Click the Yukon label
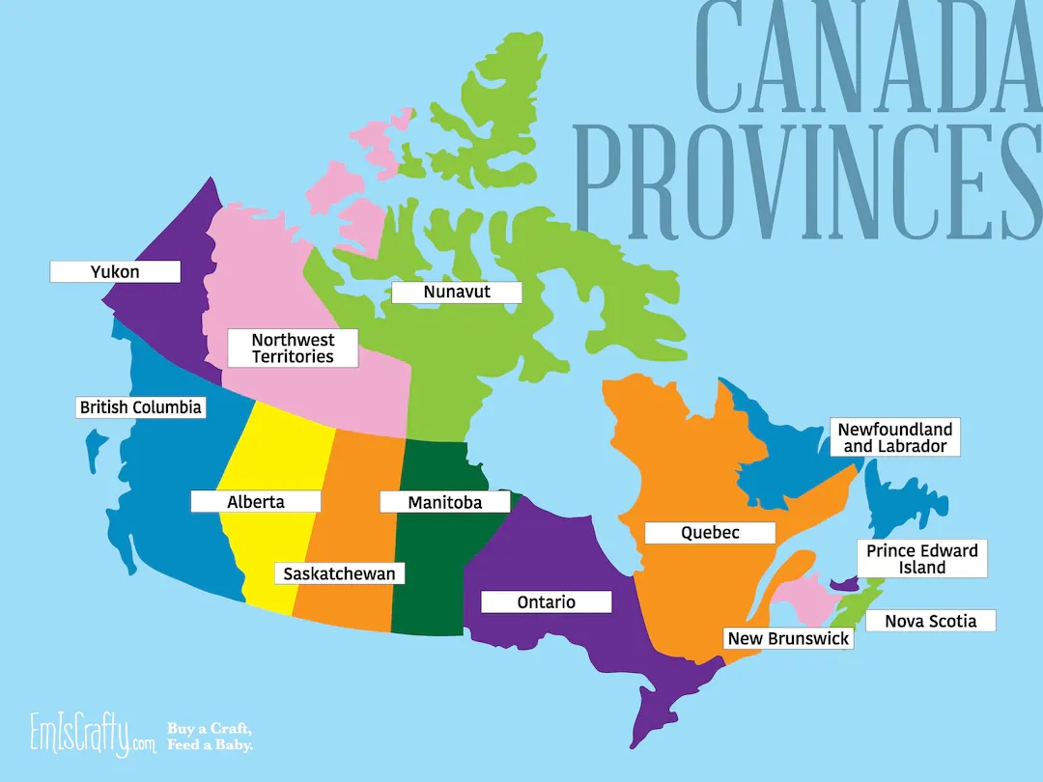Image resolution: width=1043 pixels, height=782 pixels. tap(115, 271)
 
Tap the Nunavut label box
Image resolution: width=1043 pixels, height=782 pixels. tap(457, 292)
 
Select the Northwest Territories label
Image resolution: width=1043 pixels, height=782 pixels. tap(293, 349)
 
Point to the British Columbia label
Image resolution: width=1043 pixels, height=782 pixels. tap(141, 407)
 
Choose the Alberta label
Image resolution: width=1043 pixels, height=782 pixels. tap(256, 502)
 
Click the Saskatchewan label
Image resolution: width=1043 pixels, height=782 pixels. tap(339, 573)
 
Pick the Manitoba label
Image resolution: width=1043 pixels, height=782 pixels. tap(444, 502)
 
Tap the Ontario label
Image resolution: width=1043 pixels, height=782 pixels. tap(547, 602)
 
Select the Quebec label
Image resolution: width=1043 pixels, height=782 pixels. tap(710, 533)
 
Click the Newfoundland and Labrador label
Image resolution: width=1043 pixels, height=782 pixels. tap(894, 437)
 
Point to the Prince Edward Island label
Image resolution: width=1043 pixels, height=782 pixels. tap(922, 559)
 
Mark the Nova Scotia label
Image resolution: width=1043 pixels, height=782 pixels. tap(930, 621)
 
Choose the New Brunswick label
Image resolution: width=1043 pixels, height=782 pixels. tap(788, 638)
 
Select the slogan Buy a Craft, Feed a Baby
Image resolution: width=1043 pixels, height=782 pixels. tap(211, 736)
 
